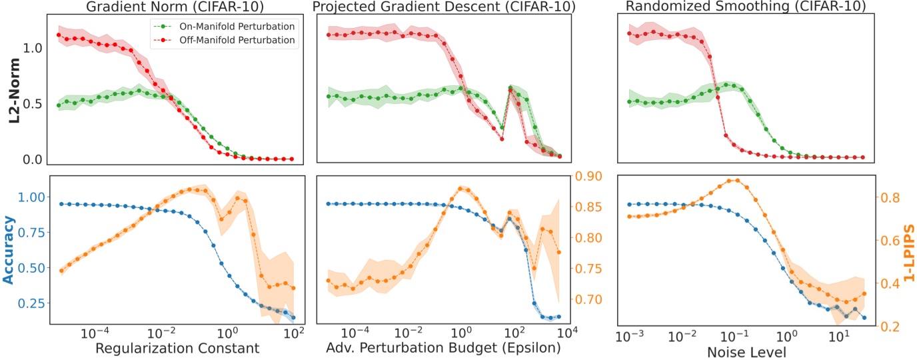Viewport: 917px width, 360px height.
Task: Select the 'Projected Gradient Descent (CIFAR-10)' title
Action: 445,7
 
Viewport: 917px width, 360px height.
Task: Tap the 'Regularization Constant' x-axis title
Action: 176,349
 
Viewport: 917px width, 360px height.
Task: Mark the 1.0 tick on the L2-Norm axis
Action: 35,48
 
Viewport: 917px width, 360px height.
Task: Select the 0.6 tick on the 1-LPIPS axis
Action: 885,241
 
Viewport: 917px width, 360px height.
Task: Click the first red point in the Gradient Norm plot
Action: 59,35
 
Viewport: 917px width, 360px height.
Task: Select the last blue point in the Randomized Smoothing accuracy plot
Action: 864,317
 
